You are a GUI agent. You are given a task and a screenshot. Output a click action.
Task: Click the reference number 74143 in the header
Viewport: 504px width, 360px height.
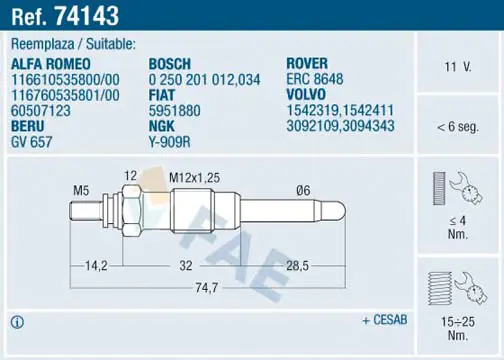(x=87, y=16)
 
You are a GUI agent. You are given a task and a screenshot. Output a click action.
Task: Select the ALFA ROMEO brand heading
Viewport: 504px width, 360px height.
(x=51, y=64)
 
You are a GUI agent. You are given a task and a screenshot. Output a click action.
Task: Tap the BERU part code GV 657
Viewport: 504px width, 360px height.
(x=32, y=142)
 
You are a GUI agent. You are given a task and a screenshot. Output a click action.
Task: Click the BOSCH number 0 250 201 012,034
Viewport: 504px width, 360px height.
(x=204, y=80)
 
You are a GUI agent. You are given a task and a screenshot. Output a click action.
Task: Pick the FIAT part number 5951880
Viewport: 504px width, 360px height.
(x=174, y=111)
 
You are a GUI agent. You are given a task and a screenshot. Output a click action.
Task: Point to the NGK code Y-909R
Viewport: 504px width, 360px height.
(x=169, y=142)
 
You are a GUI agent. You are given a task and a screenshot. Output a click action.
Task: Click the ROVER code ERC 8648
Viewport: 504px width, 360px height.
(x=315, y=79)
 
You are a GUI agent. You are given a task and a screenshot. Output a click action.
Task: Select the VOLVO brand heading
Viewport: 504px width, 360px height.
(x=306, y=94)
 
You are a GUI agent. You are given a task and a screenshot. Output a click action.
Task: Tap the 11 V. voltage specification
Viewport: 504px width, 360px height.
(x=458, y=67)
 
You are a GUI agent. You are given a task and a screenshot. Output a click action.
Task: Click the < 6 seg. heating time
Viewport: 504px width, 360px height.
(x=458, y=127)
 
